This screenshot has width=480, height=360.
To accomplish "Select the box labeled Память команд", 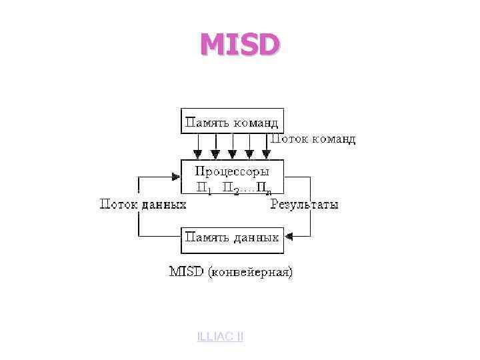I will click(232, 121).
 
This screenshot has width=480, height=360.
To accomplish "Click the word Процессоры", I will click(232, 171).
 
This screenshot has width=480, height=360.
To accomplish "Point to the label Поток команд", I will click(312, 139).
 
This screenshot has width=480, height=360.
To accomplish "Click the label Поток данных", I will click(143, 205).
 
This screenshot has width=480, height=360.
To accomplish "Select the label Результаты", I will click(304, 205).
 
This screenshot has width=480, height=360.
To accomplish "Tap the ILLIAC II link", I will click(220, 337).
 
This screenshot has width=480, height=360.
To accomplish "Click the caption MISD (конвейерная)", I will click(231, 272).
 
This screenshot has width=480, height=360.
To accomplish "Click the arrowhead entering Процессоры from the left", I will click(177, 177).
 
